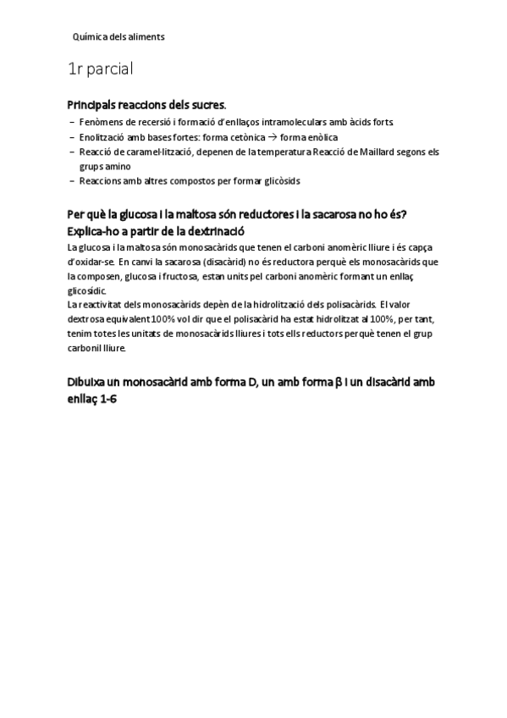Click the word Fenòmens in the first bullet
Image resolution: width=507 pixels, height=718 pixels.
coord(100,123)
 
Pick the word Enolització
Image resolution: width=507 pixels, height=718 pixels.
coord(104,137)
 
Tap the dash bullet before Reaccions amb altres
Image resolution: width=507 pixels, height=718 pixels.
coord(71,180)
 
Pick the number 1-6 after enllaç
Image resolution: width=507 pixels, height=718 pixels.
coord(106,398)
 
